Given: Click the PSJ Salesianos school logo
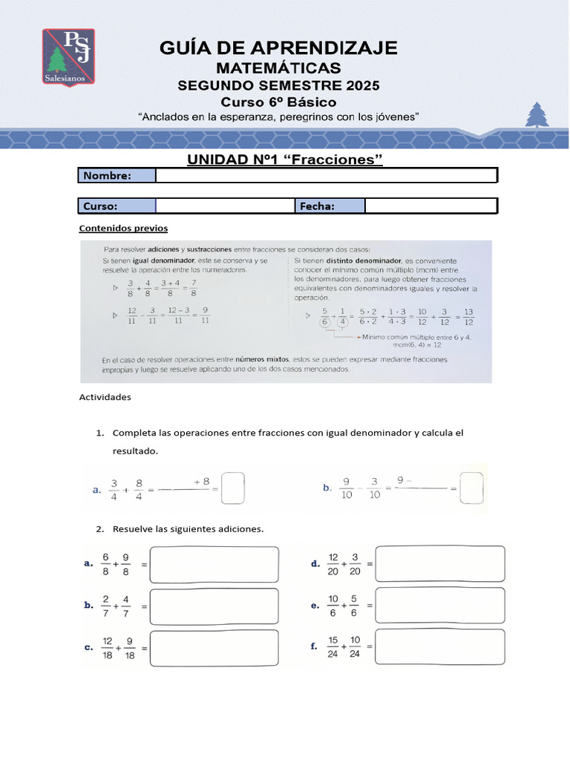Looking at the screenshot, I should (x=68, y=58).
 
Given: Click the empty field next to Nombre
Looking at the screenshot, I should (x=326, y=176).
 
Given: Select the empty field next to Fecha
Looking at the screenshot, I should (x=430, y=206).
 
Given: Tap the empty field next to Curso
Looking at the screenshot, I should (x=225, y=206).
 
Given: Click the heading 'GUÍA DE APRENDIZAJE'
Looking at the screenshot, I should (x=279, y=48).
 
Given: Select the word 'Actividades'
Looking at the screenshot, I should (x=105, y=397).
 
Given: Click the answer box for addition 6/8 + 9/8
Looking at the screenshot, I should (x=214, y=565).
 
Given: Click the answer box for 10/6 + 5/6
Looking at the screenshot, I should (x=441, y=606).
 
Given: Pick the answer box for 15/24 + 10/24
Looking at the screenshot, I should (x=441, y=647).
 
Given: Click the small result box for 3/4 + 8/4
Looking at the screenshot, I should (x=233, y=488).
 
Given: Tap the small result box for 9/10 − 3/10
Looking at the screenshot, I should (x=471, y=488).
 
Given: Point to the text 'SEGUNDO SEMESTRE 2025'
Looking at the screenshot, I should (x=278, y=86).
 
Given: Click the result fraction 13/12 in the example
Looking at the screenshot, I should (x=468, y=316).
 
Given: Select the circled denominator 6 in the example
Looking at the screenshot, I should (x=324, y=321).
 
